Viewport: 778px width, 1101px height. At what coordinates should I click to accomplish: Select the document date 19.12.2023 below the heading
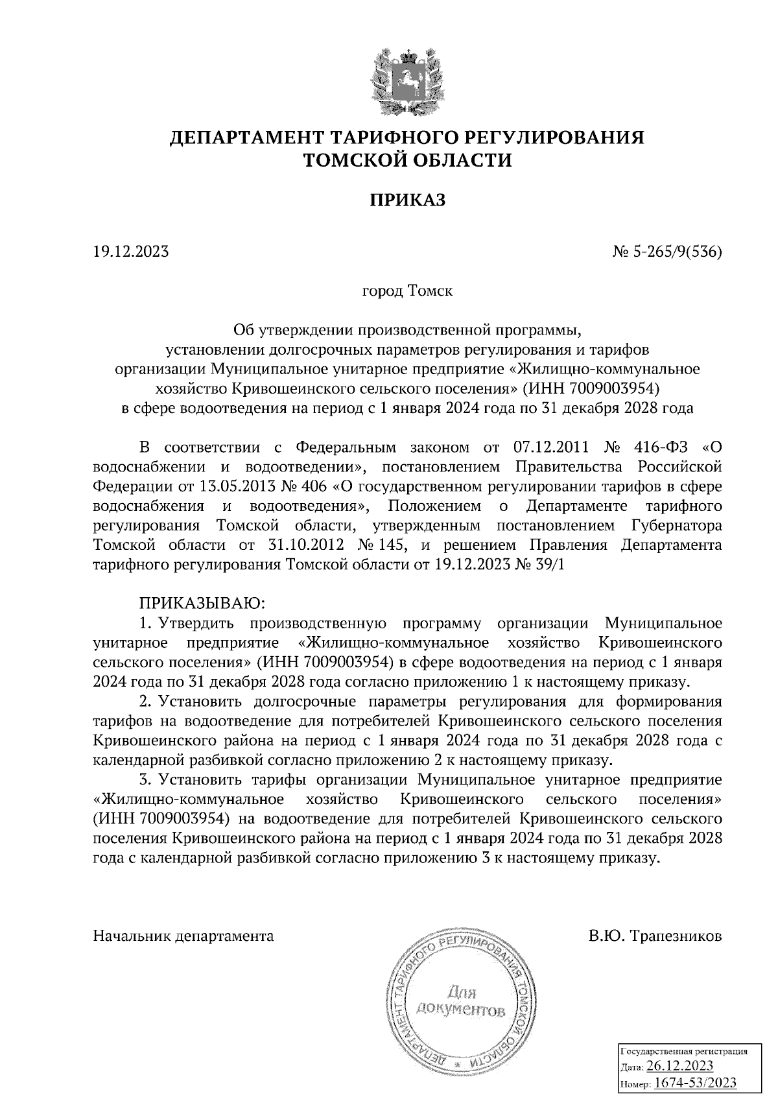[131, 251]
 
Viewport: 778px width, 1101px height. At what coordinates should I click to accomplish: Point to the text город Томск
[407, 290]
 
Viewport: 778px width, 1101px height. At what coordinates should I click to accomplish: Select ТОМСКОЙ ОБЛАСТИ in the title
[408, 160]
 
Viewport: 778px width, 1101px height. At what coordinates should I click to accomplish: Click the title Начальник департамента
[183, 936]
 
